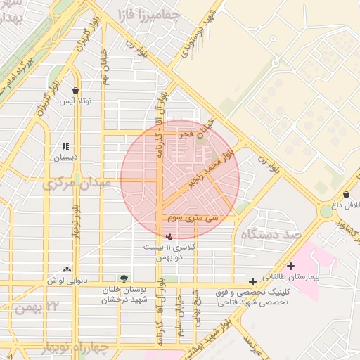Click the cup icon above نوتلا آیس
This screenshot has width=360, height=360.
click(76, 90)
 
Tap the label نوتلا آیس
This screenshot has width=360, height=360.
click(75, 102)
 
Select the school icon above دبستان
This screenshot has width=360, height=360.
click(66, 147)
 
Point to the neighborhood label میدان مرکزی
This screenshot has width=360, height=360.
click(77, 184)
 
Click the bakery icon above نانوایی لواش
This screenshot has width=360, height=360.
click(67, 269)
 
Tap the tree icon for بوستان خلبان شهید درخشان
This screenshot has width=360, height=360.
click(124, 278)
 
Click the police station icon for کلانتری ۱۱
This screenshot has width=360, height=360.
click(167, 237)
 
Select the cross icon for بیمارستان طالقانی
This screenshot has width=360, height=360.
click(290, 266)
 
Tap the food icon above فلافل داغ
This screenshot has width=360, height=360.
click(346, 194)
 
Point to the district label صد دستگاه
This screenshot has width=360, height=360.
click(271, 233)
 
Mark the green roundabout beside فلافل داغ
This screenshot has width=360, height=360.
click(327, 210)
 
